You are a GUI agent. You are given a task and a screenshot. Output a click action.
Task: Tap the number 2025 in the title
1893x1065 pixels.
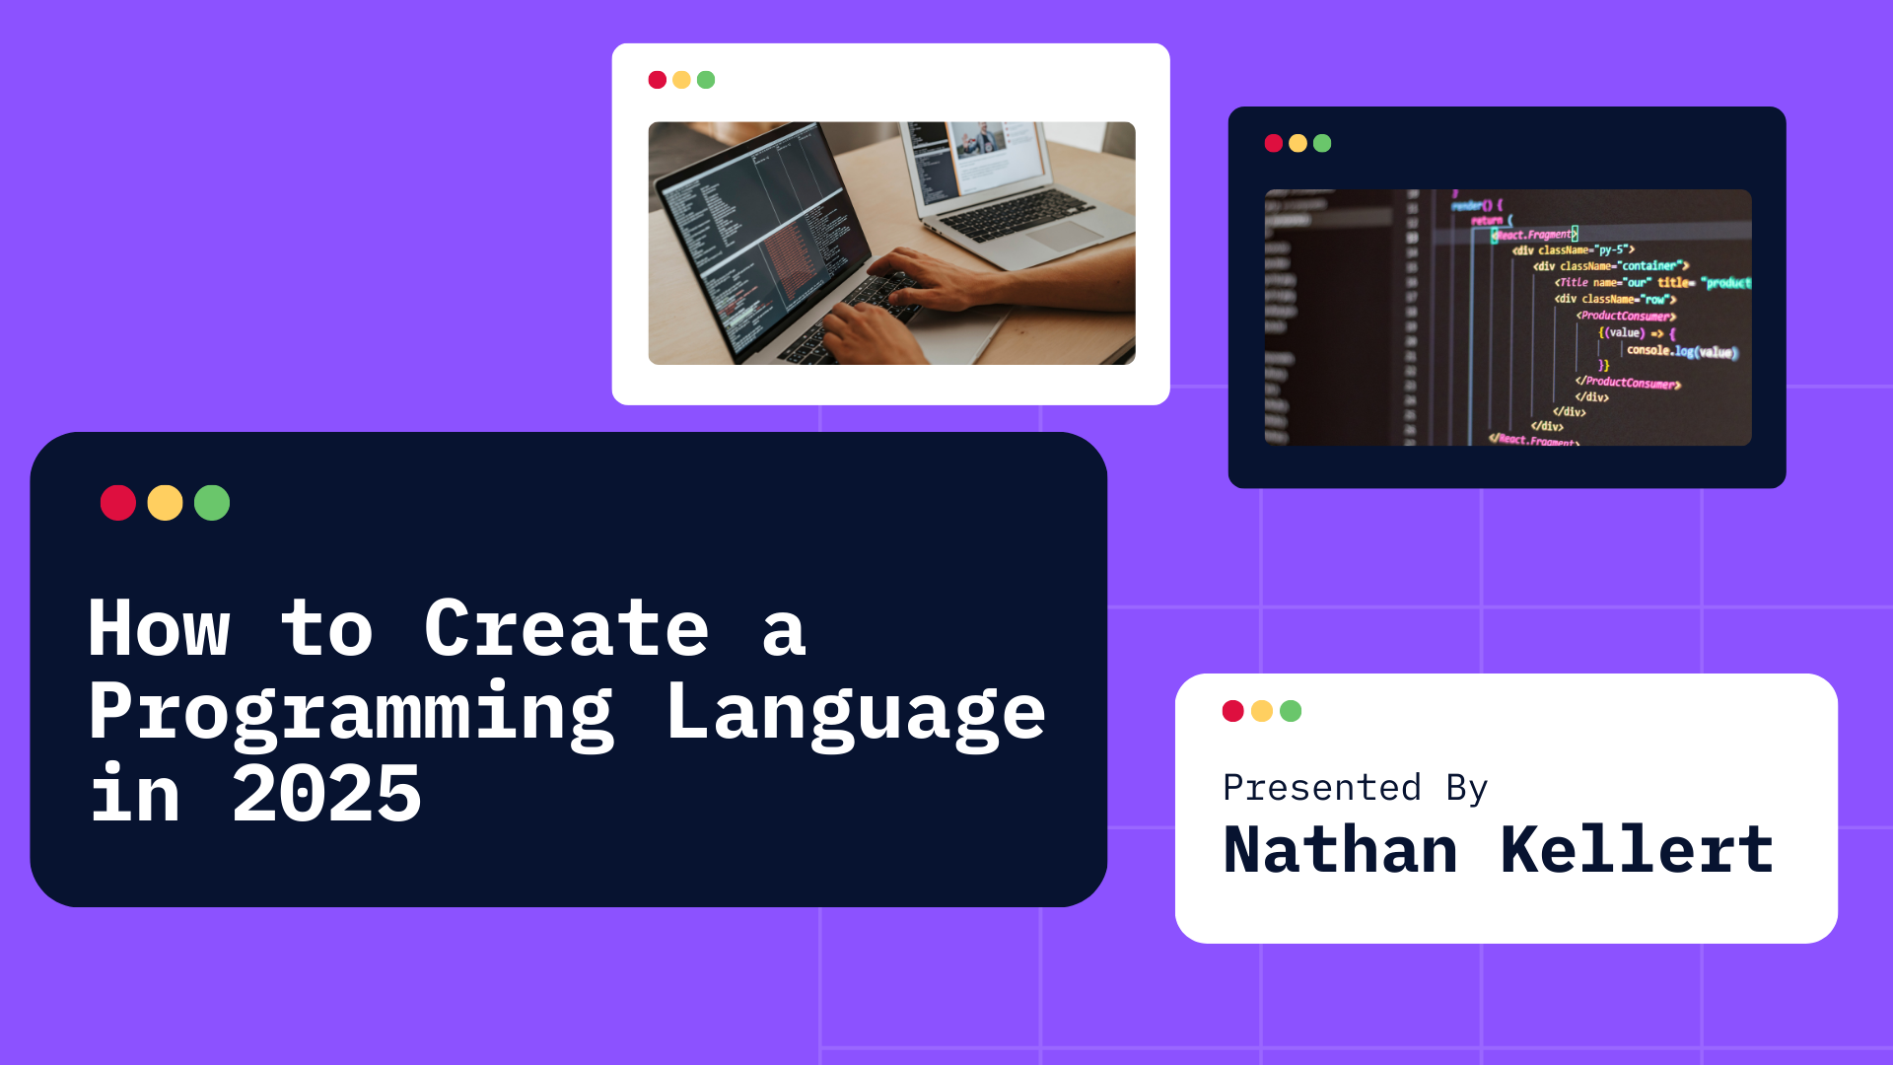point(326,795)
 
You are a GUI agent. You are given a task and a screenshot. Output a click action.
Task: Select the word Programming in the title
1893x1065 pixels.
point(351,712)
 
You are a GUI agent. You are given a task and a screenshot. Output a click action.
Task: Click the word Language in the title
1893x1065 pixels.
point(855,712)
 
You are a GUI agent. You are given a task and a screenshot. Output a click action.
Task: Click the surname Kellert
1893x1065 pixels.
point(1637,850)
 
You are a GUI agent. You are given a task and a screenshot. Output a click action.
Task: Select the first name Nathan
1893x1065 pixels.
point(1341,850)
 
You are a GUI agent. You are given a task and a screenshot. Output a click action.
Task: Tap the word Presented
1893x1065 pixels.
point(1322,788)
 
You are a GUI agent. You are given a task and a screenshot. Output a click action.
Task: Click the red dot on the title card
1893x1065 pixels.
point(118,503)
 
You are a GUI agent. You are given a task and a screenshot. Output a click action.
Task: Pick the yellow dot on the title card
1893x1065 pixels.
point(165,503)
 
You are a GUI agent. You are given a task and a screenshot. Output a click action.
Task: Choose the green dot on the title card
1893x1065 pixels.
point(212,503)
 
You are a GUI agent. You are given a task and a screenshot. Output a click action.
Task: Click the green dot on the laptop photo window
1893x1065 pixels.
point(706,80)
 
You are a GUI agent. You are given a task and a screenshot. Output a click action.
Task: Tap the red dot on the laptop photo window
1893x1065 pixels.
point(658,80)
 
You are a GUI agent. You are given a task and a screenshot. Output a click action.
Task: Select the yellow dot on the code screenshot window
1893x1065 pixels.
point(1297,144)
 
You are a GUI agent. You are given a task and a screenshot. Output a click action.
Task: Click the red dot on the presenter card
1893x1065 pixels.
point(1232,711)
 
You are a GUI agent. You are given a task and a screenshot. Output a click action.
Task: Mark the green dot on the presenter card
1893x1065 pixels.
point(1291,711)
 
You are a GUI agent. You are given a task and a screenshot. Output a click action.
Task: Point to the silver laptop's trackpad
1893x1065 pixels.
point(1065,237)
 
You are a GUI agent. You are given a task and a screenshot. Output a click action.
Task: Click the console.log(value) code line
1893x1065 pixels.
point(1681,351)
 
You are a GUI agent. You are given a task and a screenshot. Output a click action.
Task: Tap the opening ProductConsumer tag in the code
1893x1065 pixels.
point(1626,316)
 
